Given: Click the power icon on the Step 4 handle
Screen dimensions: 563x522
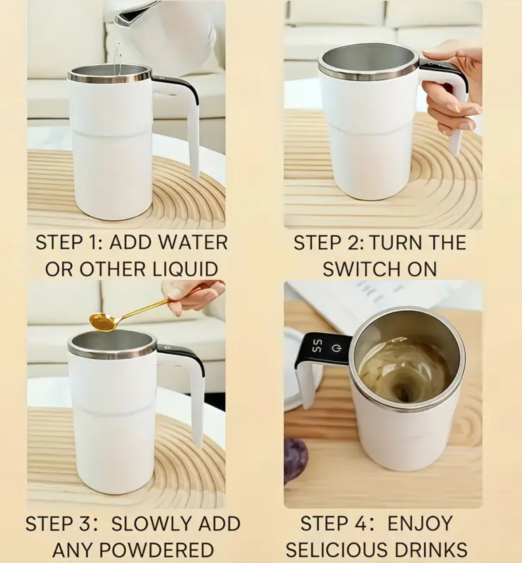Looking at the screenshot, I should [x=339, y=349].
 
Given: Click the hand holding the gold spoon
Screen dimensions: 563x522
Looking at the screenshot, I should [x=195, y=295].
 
